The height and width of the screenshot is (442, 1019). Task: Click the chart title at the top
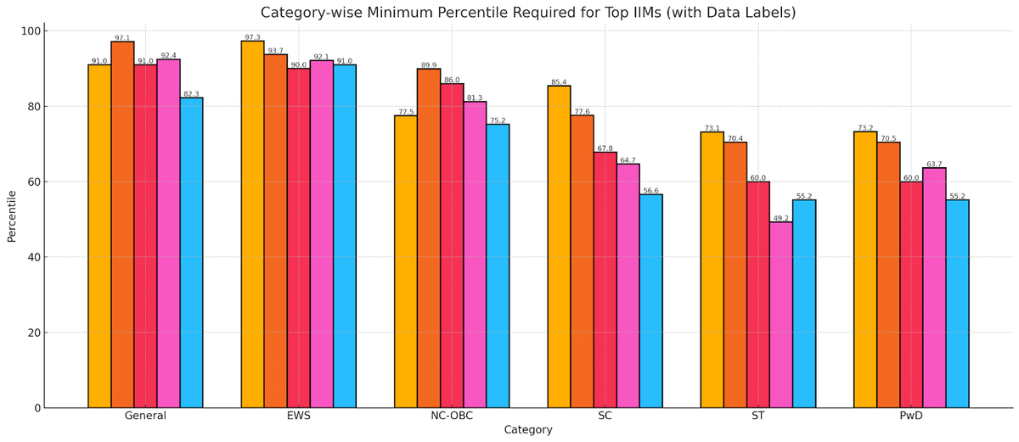click(x=527, y=13)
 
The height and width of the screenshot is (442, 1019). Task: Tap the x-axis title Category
click(x=527, y=430)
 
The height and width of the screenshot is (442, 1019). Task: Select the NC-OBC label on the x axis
click(x=451, y=416)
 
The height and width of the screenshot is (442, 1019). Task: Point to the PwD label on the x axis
click(x=911, y=416)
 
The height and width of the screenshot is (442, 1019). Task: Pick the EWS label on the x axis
click(x=298, y=416)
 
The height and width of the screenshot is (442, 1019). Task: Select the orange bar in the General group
click(x=122, y=225)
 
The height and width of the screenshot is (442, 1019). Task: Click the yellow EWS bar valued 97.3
click(x=252, y=225)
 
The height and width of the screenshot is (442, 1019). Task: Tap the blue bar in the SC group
click(x=650, y=301)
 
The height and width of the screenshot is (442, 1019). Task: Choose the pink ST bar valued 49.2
click(x=780, y=315)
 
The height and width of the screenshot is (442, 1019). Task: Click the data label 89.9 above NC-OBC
click(x=429, y=64)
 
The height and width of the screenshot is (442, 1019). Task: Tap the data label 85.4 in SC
click(x=559, y=82)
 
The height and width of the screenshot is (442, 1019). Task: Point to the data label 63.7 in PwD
click(x=934, y=164)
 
